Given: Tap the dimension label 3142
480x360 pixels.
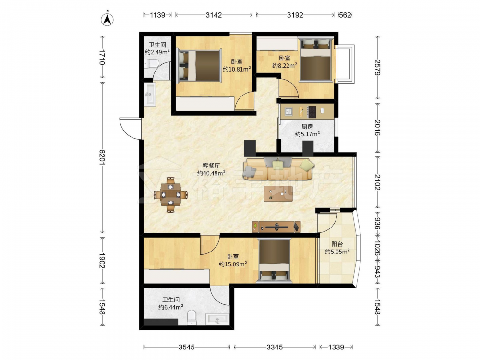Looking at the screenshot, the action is pos(214,15).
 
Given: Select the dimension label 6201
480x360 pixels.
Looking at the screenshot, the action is pos(102,157).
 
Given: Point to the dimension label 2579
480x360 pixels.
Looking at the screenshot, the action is pos(377,68).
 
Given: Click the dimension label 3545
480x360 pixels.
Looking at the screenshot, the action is pos(187,347).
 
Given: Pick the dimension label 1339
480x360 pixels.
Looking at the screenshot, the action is pos(336,347).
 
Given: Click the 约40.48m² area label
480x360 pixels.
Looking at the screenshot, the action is pos(211,173).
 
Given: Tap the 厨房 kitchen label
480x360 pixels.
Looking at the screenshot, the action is pos(307,126).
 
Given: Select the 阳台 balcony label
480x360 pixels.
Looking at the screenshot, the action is pos(337,244).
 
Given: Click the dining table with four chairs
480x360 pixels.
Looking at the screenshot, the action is pos(170,194).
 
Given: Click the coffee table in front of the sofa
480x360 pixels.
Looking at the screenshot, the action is pos(278,194).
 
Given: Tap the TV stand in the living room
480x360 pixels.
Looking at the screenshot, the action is pos(276,227).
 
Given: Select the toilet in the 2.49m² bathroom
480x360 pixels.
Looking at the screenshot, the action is pos(151,64).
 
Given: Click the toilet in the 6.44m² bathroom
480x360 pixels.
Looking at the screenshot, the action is pos(192,317).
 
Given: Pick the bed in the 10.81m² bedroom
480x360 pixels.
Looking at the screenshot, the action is pos(199,66).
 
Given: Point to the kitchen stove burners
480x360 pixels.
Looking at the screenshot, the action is pos(312,112).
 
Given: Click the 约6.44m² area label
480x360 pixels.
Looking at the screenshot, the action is pos(171,307).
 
